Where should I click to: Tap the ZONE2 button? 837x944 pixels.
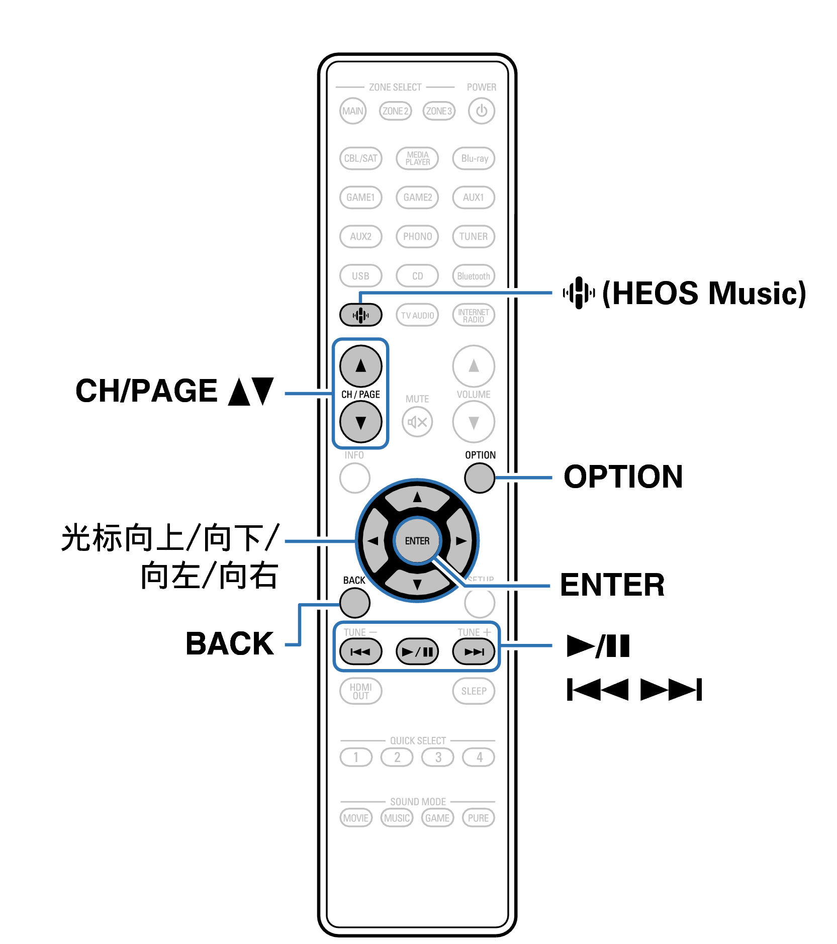click(x=395, y=111)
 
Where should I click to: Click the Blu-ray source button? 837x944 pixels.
click(x=474, y=158)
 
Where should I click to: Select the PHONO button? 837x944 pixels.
click(x=417, y=236)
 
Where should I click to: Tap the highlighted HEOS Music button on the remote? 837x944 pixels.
click(x=360, y=315)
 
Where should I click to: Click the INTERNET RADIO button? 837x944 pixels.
click(x=474, y=315)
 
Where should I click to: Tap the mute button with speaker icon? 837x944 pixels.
click(x=417, y=422)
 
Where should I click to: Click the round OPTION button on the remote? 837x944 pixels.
click(x=480, y=478)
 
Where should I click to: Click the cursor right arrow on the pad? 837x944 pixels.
click(x=461, y=541)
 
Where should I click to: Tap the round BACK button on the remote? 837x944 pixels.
click(x=355, y=602)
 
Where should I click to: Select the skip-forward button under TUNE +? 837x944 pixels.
click(x=474, y=652)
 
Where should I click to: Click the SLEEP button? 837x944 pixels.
click(x=474, y=691)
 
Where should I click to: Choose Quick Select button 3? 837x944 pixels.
click(x=438, y=757)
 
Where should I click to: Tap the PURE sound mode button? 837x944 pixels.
click(x=478, y=818)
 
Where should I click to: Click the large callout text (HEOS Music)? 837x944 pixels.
click(x=704, y=293)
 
